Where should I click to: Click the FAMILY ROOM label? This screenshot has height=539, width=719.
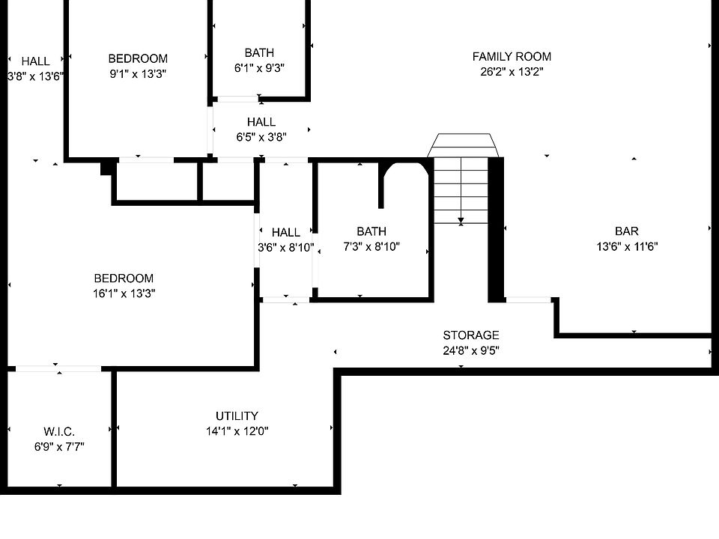coord(512,57)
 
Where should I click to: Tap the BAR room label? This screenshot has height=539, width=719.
coord(627,231)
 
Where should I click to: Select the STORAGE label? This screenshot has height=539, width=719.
coord(470,335)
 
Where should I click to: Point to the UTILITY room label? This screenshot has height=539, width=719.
coord(237,416)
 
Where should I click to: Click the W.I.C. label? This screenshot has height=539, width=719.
coord(58,432)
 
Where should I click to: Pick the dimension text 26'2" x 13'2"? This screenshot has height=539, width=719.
coord(512,72)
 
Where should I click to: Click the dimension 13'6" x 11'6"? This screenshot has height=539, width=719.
coord(627,246)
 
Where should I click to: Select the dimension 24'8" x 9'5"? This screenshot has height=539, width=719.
coord(470,350)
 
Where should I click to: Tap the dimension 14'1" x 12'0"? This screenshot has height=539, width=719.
coord(237,431)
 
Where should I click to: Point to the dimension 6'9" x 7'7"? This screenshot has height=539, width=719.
coord(58,447)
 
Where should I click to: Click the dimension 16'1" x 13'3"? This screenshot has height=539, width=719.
coord(124,293)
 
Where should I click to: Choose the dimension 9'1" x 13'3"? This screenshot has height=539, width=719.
coord(138,73)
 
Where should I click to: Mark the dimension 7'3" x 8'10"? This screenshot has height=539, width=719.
coord(371,246)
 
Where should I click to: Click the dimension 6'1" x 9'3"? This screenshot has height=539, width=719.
coord(259,67)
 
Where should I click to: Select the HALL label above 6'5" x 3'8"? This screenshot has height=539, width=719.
coord(261,122)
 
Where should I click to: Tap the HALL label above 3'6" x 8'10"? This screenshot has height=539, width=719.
coord(285,233)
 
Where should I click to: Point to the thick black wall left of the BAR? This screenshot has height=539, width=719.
coord(496,228)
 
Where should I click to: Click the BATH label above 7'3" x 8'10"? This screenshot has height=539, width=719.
coord(371,232)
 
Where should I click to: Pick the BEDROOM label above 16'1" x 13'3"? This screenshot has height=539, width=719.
coord(124,278)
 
